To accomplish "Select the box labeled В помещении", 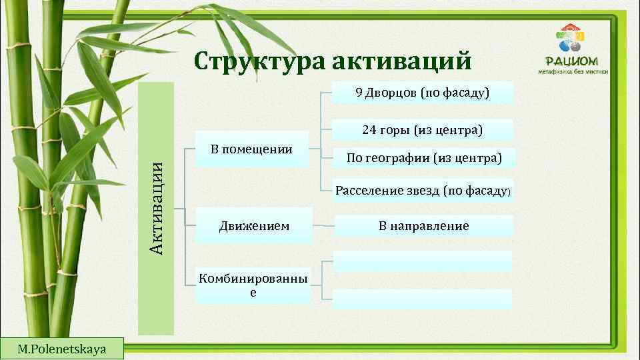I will (252, 149).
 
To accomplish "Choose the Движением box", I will (254, 226).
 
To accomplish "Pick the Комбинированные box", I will (253, 286).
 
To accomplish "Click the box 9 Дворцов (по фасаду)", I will (423, 93).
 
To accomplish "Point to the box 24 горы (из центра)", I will (423, 129).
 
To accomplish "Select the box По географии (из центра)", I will (423, 158).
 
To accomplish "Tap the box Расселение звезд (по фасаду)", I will (423, 191).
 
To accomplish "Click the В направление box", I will (423, 226).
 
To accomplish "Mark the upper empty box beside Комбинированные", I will (423, 261).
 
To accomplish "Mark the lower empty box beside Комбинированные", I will (423, 299).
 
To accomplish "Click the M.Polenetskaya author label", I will (62, 349).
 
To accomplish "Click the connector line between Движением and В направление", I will (323, 226).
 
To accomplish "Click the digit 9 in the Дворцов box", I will (359, 93).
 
